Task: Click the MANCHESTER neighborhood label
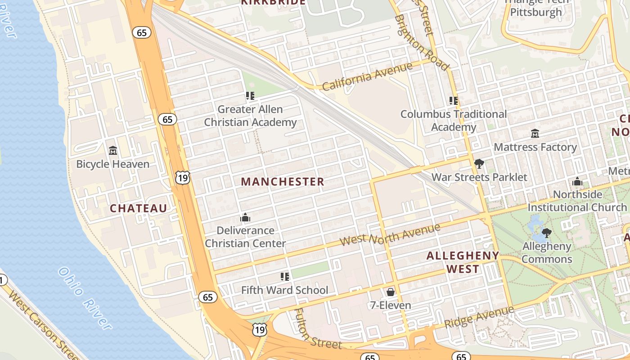click(282, 182)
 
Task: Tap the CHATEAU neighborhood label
click(138, 208)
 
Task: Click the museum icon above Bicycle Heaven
click(113, 150)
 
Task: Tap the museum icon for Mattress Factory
click(535, 134)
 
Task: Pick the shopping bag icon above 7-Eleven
click(390, 292)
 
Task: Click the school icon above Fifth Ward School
click(284, 276)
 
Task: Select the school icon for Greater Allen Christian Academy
click(250, 95)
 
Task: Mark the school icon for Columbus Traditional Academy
click(453, 101)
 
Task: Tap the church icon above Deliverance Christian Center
click(245, 218)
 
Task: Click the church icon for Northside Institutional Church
click(577, 182)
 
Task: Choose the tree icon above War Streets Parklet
click(479, 164)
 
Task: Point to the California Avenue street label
click(367, 76)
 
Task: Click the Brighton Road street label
click(422, 43)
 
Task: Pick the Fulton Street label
click(318, 329)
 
